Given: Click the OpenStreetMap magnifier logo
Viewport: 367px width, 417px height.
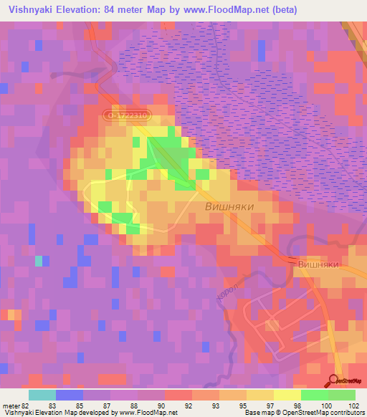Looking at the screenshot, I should pos(335,380).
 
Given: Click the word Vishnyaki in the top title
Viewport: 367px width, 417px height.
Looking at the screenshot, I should pos(27,9).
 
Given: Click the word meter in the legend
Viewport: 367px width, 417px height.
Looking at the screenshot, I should pos(10,406).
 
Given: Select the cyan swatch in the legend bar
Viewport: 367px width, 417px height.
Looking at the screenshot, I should pos(42,395).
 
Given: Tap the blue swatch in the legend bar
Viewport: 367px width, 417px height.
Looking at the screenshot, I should pos(70,395).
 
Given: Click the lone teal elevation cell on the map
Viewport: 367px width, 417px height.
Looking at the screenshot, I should pos(39,261).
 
